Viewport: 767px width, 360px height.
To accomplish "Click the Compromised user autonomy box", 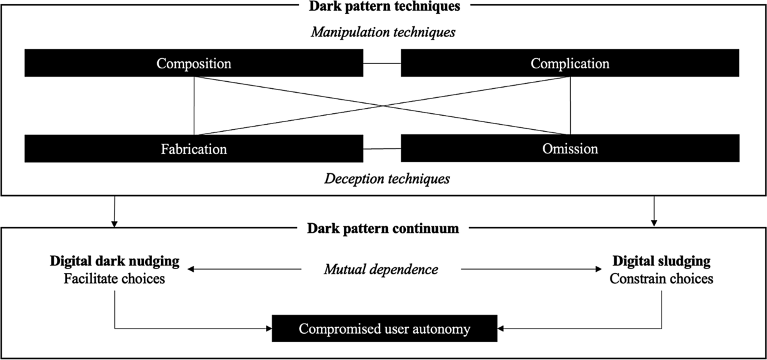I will tap(385, 329).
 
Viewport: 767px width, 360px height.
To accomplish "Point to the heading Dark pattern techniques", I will tap(385, 6).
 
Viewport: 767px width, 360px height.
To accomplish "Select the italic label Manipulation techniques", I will tap(383, 31).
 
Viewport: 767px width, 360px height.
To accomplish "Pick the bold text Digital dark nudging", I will tap(115, 262).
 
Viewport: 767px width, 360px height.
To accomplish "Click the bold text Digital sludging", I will tap(662, 262).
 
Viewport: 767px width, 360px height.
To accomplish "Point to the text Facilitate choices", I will tap(115, 279).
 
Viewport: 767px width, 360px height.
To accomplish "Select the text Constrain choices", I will tap(662, 279).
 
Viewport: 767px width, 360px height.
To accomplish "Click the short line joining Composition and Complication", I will tap(382, 63).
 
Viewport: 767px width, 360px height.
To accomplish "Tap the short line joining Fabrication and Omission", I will tap(382, 149).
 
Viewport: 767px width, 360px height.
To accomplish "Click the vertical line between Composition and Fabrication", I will tap(194, 106).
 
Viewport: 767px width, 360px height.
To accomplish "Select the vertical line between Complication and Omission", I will tap(569, 106).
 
